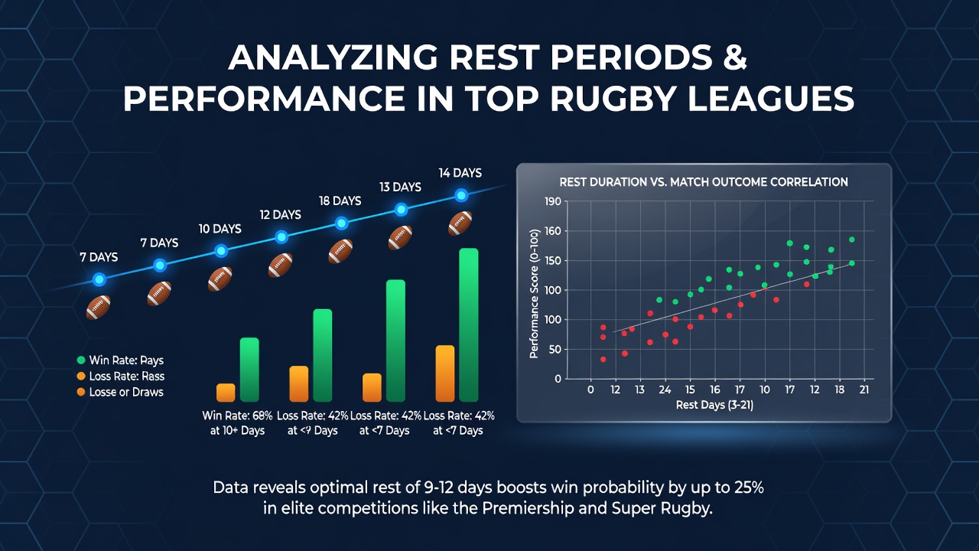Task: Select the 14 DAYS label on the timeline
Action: (460, 173)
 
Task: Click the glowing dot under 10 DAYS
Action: (221, 251)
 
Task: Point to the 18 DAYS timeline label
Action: (340, 201)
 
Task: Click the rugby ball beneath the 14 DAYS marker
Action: (460, 223)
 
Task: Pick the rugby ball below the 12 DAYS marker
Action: (280, 265)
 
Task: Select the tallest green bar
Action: (469, 325)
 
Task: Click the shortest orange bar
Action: (226, 393)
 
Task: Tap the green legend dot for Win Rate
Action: (81, 360)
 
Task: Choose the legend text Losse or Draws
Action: (126, 393)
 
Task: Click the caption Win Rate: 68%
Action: (237, 416)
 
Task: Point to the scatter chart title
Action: (704, 182)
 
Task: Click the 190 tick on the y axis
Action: (552, 201)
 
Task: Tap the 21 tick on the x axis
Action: (864, 390)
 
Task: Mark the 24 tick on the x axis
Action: (665, 390)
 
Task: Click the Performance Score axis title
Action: (534, 294)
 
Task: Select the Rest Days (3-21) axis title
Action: (714, 406)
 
